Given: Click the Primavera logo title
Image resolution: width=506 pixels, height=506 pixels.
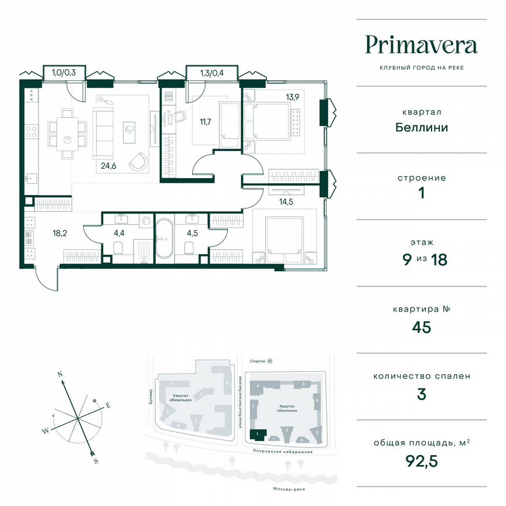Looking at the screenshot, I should click(421, 45).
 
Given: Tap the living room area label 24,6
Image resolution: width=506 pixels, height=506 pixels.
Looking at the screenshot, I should click(105, 165).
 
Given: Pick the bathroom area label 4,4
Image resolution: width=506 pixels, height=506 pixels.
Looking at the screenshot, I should click(119, 232).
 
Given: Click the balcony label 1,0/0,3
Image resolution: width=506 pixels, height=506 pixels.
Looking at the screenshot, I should click(64, 73).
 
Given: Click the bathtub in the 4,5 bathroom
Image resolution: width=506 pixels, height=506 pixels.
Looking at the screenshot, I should click(163, 239).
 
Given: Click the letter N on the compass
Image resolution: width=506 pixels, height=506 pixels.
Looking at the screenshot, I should click(59, 373).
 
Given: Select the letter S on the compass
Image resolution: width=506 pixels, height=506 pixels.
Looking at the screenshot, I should click(95, 460).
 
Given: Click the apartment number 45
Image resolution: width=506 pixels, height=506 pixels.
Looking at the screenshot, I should click(421, 326).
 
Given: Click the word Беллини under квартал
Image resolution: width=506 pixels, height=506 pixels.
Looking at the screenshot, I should click(421, 126).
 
